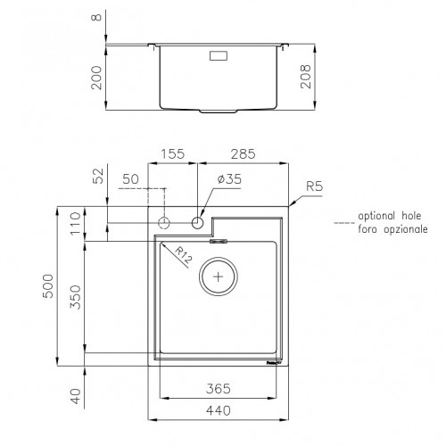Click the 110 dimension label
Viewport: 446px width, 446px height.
click(x=77, y=224)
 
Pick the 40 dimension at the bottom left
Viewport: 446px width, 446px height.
click(x=77, y=395)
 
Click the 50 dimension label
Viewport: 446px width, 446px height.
click(x=130, y=180)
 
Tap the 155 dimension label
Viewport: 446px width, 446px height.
click(x=173, y=154)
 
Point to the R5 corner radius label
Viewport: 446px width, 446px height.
click(x=314, y=186)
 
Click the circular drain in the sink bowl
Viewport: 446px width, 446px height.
click(x=217, y=276)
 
